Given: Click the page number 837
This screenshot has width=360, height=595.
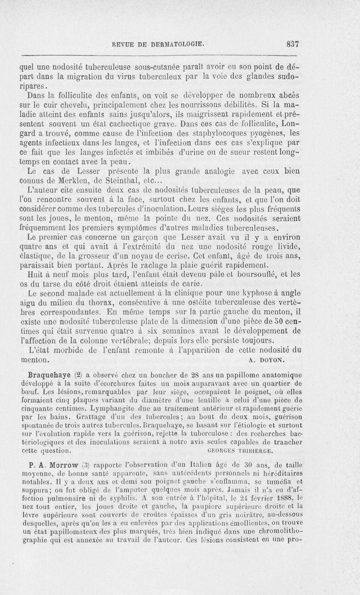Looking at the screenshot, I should pos(292,44).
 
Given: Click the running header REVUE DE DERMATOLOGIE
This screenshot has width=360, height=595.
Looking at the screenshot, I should pos(155,44).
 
